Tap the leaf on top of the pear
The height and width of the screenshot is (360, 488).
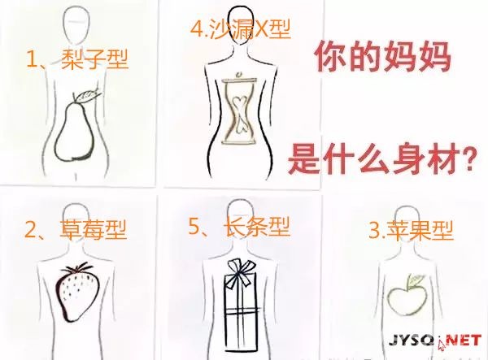(x=89, y=95)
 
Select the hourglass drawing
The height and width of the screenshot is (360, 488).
(x=239, y=111)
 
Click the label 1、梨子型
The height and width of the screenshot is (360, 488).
(x=77, y=59)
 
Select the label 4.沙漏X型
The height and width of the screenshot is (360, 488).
(x=241, y=28)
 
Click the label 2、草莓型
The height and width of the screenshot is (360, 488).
(x=76, y=230)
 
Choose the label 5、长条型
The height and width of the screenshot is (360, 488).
(x=239, y=227)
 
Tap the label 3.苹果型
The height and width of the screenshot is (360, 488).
(x=411, y=230)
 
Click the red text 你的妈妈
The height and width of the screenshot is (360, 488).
(x=383, y=58)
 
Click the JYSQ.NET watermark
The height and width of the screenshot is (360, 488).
(x=435, y=340)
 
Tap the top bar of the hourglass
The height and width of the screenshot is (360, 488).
(x=239, y=80)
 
